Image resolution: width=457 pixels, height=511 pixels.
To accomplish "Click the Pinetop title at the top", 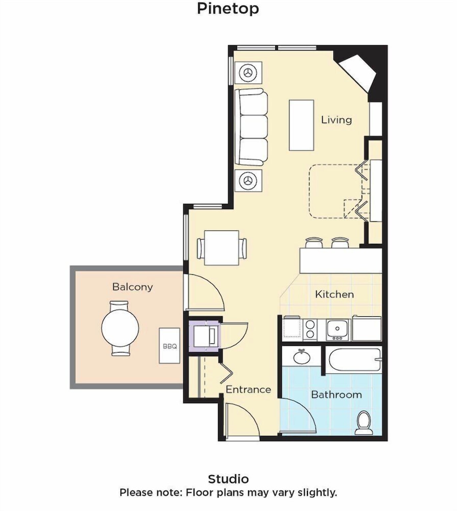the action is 228,9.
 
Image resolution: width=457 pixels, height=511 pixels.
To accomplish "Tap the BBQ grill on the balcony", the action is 170,346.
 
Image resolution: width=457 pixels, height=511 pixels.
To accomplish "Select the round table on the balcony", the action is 120,328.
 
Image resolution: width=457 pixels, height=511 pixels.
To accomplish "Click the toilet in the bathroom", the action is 364,423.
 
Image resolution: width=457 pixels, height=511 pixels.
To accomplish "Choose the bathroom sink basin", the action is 302,357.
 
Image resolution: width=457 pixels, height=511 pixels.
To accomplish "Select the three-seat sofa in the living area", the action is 251,127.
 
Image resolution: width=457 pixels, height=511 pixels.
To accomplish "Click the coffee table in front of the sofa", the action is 301,125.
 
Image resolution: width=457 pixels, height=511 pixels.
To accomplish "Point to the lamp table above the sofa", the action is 249,73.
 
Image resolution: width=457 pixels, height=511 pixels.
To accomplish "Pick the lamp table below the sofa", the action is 249,180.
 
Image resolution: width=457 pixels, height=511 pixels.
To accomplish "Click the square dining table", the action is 222,248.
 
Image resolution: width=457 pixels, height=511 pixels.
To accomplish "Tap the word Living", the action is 336,120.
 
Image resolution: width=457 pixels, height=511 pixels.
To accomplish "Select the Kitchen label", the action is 334,294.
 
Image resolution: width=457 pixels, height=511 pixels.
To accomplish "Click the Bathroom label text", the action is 336,394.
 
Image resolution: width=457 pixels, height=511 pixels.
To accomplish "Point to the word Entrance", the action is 248,389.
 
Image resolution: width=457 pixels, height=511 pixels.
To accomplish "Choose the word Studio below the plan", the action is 228,479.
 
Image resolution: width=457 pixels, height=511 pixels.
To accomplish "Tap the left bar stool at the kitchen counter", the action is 315,243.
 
